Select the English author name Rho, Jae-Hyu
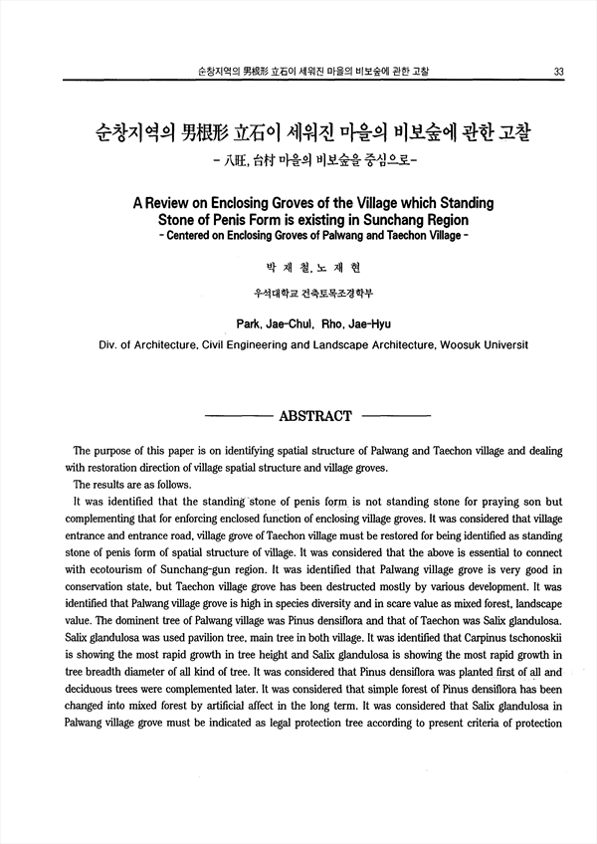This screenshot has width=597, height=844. coord(357,322)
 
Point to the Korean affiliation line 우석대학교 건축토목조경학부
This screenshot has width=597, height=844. coord(313,293)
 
